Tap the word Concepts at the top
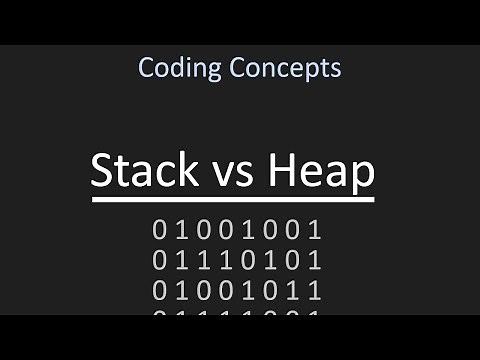(x=285, y=68)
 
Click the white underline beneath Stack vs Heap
(x=233, y=200)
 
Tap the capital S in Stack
(x=102, y=171)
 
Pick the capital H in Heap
(x=282, y=171)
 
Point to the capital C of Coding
(x=146, y=68)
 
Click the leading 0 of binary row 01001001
(x=159, y=231)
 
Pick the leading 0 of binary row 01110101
(x=159, y=261)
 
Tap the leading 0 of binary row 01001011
(x=159, y=291)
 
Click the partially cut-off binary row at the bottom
(x=238, y=312)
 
